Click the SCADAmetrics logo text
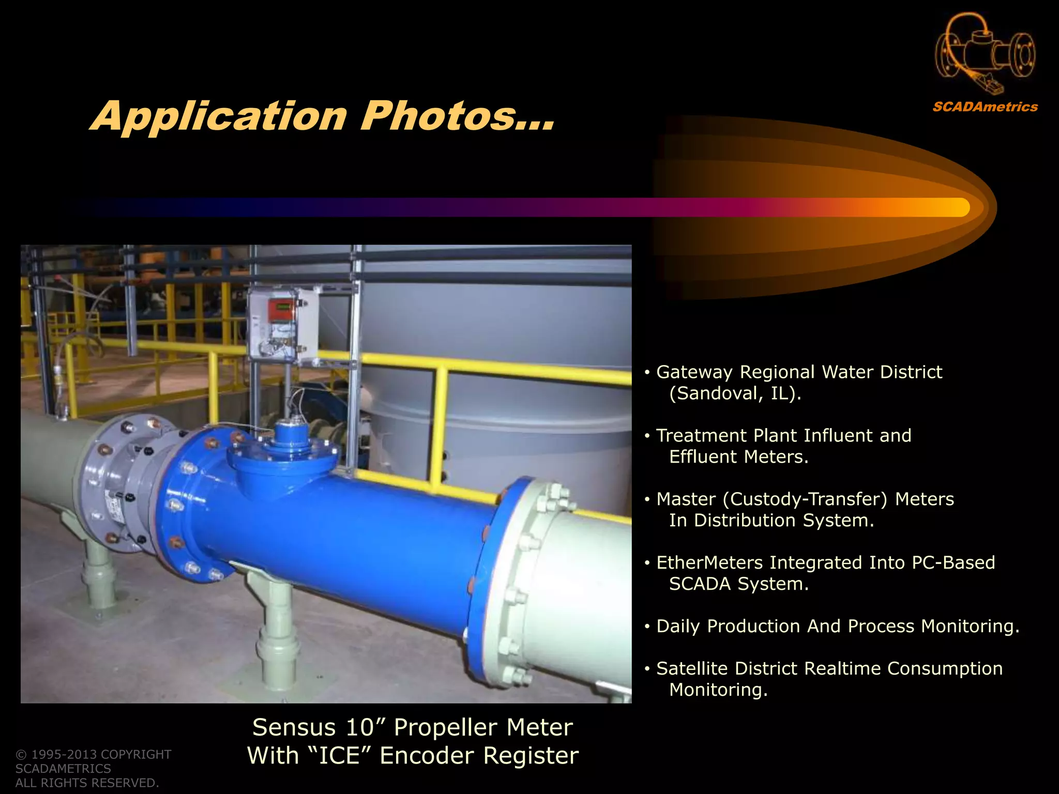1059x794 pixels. pos(985,107)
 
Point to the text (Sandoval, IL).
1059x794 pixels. pos(735,393)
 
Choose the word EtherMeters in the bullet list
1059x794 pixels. pos(709,562)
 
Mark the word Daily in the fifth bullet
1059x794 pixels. pos(678,626)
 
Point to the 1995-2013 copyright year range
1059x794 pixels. pos(64,754)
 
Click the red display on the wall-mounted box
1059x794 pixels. pos(279,309)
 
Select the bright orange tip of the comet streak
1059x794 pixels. pos(957,207)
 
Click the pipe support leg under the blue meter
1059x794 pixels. pos(277,641)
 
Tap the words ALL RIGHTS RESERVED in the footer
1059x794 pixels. pos(87,783)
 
